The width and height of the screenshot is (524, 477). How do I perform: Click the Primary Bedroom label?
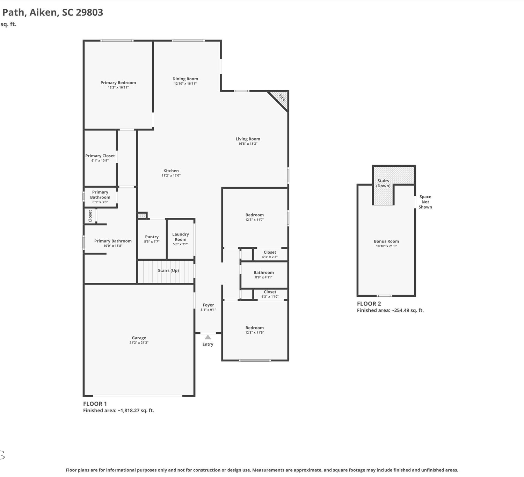[118, 82]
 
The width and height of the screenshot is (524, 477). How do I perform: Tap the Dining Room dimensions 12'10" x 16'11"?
[185, 84]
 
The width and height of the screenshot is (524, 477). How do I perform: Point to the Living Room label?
[248, 139]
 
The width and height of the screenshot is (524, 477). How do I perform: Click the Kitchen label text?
[171, 171]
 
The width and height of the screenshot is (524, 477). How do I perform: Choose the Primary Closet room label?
[100, 156]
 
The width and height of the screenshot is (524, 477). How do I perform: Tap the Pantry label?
[152, 237]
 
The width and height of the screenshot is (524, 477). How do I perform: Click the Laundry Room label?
[181, 237]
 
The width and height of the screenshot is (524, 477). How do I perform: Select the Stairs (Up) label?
[168, 270]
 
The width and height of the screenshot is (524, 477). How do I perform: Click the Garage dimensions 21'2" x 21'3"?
[139, 343]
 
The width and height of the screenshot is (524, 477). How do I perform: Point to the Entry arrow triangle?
[208, 337]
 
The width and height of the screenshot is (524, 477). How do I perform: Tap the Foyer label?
[208, 305]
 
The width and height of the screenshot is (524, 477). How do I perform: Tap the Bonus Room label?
[386, 241]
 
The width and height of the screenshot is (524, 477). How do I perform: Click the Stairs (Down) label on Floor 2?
[383, 183]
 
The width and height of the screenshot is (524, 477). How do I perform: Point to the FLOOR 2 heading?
[369, 304]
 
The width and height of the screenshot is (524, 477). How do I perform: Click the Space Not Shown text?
[425, 202]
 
